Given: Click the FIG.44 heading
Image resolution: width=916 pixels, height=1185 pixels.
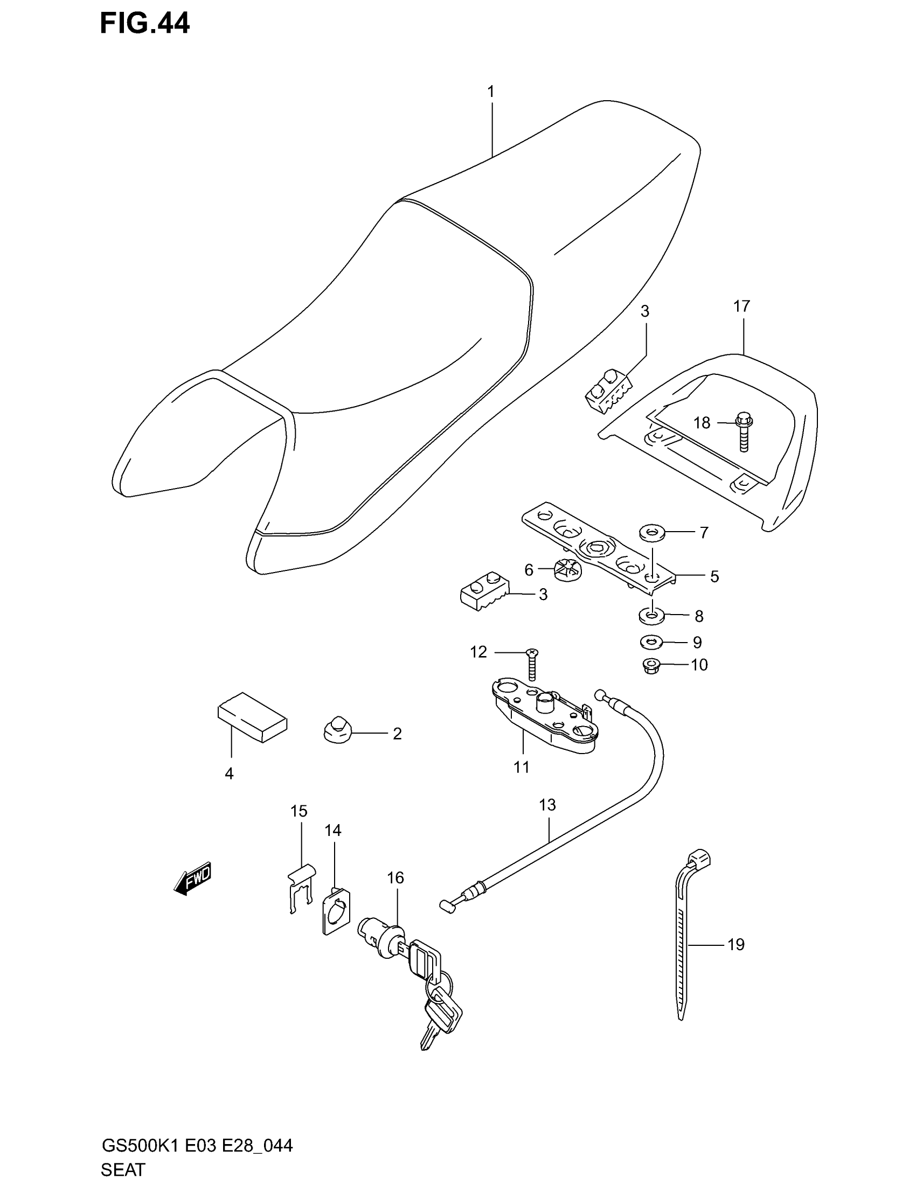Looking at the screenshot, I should (145, 24).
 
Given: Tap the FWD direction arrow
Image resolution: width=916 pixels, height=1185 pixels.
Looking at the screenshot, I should (193, 878).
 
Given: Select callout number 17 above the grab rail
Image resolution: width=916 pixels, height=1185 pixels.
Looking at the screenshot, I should (741, 306).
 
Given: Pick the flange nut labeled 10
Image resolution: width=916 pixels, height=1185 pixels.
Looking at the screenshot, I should (650, 666).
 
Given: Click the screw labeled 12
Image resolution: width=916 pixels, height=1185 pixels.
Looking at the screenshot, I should (532, 664).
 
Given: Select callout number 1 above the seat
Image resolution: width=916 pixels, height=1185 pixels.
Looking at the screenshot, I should (490, 92).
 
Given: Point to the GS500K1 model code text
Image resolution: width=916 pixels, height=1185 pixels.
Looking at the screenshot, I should (142, 1146).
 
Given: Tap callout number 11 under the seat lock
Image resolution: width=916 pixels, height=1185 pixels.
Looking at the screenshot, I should (522, 766).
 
